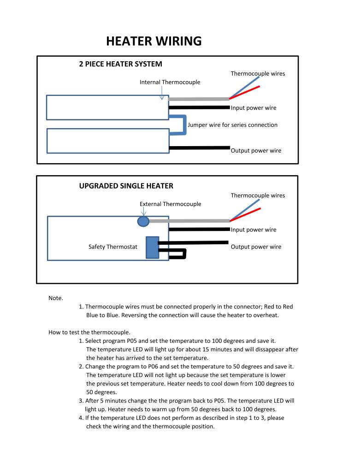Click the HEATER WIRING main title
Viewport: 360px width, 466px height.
coord(153,41)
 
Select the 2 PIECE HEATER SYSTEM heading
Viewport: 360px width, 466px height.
coord(120,64)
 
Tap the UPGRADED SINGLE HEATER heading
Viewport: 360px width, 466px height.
coord(126,186)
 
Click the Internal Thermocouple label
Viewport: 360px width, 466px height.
coord(170,82)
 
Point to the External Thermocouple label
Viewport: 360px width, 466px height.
coord(171,204)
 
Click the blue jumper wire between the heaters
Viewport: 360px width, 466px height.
coord(185,125)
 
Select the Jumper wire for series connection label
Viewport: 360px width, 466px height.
coord(232,125)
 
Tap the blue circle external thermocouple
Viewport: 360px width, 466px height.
coord(143,221)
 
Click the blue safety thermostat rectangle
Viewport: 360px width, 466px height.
coord(152,248)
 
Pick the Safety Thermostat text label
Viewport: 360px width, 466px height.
coord(113,247)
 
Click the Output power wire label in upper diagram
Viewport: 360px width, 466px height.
coord(256,150)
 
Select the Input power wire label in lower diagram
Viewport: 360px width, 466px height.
coord(254,230)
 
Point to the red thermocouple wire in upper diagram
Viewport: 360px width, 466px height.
coord(245,93)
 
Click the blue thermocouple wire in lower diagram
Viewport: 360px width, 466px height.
coord(244,210)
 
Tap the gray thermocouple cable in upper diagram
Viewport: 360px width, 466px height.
coord(199,99)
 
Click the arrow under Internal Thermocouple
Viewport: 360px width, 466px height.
coord(162,93)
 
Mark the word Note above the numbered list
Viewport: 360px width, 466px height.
coord(56,298)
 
